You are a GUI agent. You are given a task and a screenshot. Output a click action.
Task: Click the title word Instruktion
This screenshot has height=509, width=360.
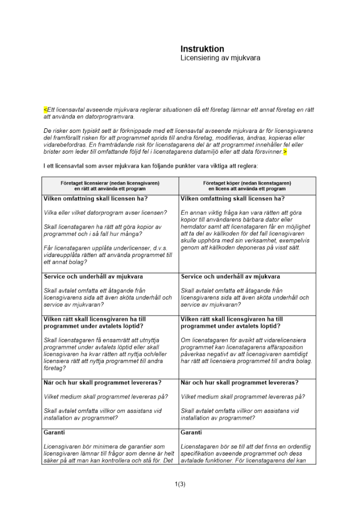pyautogui.click(x=202, y=49)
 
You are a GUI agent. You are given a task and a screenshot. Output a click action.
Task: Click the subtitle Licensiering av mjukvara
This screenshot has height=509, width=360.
pyautogui.click(x=220, y=59)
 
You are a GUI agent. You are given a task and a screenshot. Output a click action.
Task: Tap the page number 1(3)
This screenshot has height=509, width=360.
pyautogui.click(x=180, y=484)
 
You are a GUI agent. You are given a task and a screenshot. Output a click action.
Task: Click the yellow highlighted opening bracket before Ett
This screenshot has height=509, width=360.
pyautogui.click(x=45, y=109)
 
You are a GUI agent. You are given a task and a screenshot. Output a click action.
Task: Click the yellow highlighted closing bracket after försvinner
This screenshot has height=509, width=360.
pyautogui.click(x=285, y=152)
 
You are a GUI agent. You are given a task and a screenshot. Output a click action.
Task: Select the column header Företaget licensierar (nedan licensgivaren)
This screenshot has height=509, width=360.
pyautogui.click(x=109, y=183)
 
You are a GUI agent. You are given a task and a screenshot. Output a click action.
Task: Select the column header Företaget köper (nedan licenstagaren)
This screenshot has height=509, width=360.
pyautogui.click(x=247, y=183)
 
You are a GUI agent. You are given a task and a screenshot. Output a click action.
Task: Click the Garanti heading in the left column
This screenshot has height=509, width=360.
pyautogui.click(x=54, y=432)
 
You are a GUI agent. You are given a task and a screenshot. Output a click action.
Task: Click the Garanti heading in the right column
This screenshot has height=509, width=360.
pyautogui.click(x=191, y=432)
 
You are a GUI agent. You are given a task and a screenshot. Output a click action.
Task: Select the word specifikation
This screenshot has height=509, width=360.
pyautogui.click(x=199, y=454)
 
